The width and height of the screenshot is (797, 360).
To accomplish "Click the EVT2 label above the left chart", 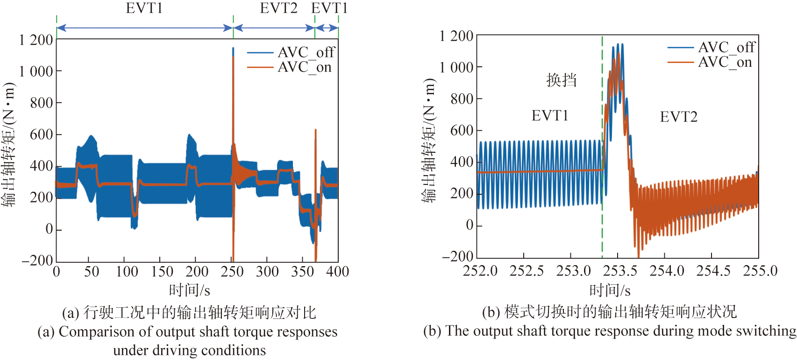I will pos(278,8).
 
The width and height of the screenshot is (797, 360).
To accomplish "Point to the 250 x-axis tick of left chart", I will pos(232,271).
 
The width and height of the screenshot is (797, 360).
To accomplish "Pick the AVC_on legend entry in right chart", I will pos(710,62).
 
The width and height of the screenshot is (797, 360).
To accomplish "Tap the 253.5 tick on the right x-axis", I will pos(620,271).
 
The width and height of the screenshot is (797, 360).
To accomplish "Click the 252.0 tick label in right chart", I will pos(480,271).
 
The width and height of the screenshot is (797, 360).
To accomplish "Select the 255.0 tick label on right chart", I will pos(760,271).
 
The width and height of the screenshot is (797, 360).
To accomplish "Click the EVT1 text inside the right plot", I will pos(550,115).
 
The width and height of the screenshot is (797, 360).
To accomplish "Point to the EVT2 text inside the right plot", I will pos(678,117).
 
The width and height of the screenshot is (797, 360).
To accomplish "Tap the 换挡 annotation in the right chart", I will pos(562,80).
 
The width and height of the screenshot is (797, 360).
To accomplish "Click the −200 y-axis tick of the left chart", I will pos(37,261).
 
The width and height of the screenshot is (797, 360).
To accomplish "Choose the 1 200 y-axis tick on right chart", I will pos(456,36).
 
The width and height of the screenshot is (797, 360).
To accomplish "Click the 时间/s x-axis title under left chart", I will pos(189,290).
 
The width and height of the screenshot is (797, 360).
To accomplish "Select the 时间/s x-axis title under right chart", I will pos(610,290).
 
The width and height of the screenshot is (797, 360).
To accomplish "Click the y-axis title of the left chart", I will pos(9,145).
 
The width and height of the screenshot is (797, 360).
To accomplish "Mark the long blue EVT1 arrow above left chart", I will pos(144,28).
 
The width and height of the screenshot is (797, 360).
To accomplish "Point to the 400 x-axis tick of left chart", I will pos(337,271).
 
